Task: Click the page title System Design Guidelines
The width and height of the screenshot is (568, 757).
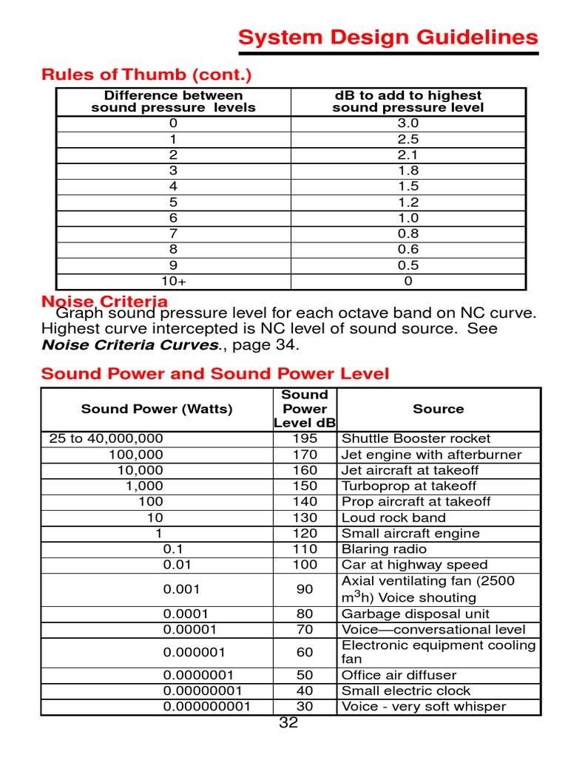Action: coord(388,38)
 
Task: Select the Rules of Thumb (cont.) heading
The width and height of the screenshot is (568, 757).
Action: coord(146,75)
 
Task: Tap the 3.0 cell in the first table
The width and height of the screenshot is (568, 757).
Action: coord(408,123)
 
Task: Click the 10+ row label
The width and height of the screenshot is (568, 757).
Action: coord(173,281)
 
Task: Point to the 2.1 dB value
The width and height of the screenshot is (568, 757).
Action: coord(408,155)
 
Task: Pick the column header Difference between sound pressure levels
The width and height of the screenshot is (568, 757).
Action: coord(173,101)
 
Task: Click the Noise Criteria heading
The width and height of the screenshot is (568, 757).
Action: coord(104,301)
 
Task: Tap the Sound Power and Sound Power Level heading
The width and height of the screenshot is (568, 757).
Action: coord(214,374)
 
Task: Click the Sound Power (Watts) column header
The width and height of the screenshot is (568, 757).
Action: coord(156,409)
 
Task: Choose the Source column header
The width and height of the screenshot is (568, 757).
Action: coord(438,409)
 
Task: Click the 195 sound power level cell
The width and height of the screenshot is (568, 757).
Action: coord(305,438)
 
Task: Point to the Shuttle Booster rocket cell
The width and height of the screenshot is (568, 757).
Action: coord(416,438)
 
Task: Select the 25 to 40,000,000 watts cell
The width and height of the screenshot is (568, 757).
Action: coord(106,438)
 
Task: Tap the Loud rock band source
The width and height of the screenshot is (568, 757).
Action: coord(393,517)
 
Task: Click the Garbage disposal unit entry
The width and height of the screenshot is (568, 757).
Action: coord(415,614)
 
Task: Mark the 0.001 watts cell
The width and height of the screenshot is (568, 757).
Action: coord(180,589)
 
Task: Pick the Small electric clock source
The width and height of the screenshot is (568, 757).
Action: coord(405,690)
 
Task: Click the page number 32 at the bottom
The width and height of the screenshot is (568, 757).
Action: coord(288,723)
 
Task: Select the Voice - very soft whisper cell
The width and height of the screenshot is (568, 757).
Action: coord(423,706)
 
